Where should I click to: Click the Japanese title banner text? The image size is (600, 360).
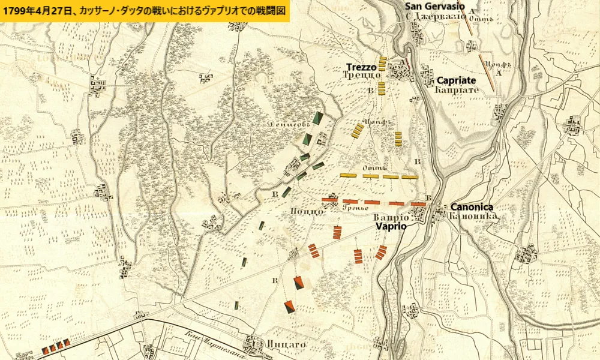[145, 11]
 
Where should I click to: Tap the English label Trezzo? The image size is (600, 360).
[361, 67]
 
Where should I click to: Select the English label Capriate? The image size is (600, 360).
[456, 80]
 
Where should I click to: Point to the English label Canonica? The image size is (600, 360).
[472, 206]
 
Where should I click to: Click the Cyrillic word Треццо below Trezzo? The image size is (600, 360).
[362, 76]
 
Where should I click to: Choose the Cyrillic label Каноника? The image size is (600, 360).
[472, 215]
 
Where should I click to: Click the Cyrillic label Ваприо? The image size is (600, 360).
[391, 217]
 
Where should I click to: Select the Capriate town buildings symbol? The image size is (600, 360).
[427, 76]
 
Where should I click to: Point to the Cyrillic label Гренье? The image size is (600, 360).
[355, 208]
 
